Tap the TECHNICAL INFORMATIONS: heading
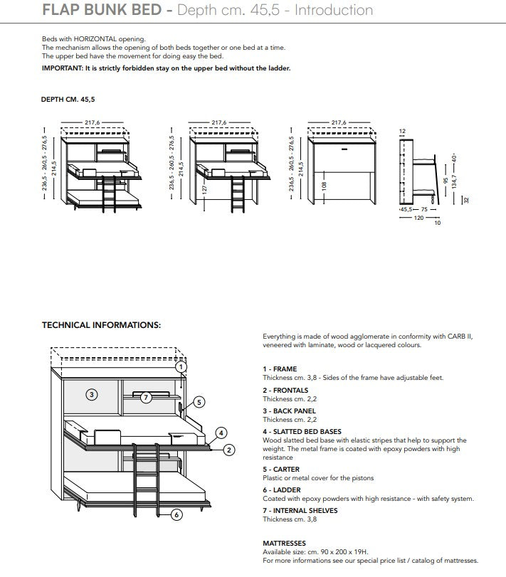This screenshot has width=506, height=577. [x=101, y=325]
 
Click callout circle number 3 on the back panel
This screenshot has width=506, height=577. [x=92, y=393]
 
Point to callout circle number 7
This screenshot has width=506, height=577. [x=146, y=397]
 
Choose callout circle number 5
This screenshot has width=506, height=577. [x=199, y=402]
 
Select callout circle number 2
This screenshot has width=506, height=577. [x=229, y=449]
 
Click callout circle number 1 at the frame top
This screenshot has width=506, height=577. [x=181, y=367]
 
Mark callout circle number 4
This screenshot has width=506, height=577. [x=221, y=433]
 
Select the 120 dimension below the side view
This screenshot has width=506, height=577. [x=418, y=218]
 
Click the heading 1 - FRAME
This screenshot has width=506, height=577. [x=280, y=369]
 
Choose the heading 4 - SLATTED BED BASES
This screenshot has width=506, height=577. [x=302, y=432]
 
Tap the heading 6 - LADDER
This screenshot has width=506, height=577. [x=282, y=490]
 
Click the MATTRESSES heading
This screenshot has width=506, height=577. [x=284, y=543]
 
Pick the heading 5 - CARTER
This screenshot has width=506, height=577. [x=281, y=470]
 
